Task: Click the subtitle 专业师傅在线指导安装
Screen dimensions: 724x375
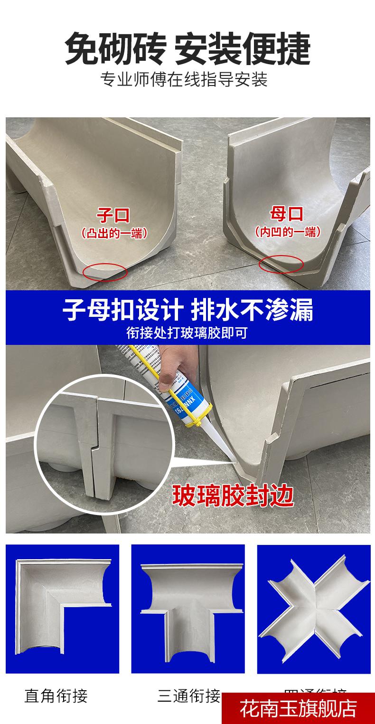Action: click(x=184, y=79)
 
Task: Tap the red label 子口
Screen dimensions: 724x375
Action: click(x=113, y=215)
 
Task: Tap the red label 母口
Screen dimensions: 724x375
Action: click(x=286, y=214)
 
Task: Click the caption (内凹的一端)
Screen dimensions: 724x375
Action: click(x=287, y=232)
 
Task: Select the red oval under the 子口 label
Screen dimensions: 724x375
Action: click(x=105, y=272)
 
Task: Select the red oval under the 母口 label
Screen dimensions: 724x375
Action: click(x=281, y=264)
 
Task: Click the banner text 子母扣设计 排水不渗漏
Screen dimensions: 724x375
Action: click(x=187, y=310)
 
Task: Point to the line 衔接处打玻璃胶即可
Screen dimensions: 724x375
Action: click(x=187, y=332)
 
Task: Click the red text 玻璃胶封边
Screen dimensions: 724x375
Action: click(x=233, y=495)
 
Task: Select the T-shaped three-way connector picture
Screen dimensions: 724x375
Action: click(x=188, y=609)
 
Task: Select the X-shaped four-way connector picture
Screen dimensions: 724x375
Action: click(x=313, y=609)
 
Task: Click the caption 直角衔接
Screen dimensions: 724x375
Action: click(x=56, y=696)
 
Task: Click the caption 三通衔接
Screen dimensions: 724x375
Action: click(x=189, y=696)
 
